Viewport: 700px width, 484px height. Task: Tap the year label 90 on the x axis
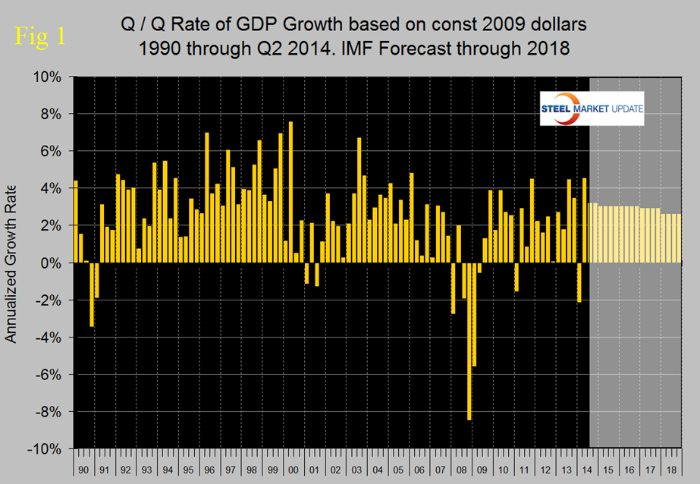point(83,470)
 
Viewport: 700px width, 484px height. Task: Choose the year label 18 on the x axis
point(670,470)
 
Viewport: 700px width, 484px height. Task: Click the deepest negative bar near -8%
point(469,341)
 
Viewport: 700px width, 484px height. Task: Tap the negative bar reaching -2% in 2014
point(579,282)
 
